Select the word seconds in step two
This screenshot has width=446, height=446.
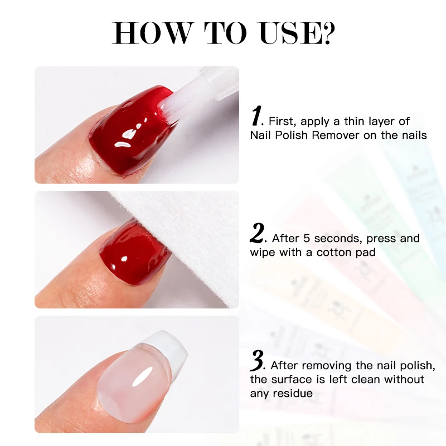pos(333,238)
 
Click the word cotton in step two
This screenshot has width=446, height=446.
pos(333,252)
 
